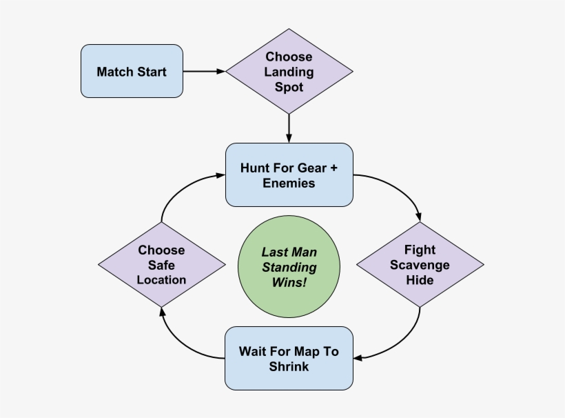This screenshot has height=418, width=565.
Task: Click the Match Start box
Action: (132, 71)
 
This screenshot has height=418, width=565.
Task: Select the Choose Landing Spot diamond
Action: (289, 72)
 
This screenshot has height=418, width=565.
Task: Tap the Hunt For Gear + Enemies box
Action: (289, 175)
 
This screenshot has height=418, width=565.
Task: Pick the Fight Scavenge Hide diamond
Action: (420, 265)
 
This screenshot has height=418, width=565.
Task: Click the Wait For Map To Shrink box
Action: (289, 359)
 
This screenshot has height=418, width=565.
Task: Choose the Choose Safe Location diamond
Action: (161, 265)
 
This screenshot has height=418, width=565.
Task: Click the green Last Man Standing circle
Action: (289, 268)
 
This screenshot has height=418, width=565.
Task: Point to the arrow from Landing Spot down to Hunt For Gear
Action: (289, 128)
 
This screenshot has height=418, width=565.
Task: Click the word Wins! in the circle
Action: (289, 283)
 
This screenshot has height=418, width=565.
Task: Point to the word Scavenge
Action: (420, 266)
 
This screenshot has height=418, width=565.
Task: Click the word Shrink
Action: (289, 366)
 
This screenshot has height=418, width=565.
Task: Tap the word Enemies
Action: (289, 183)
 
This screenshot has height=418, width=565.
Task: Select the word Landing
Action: (289, 72)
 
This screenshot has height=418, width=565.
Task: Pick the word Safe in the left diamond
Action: (161, 265)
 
